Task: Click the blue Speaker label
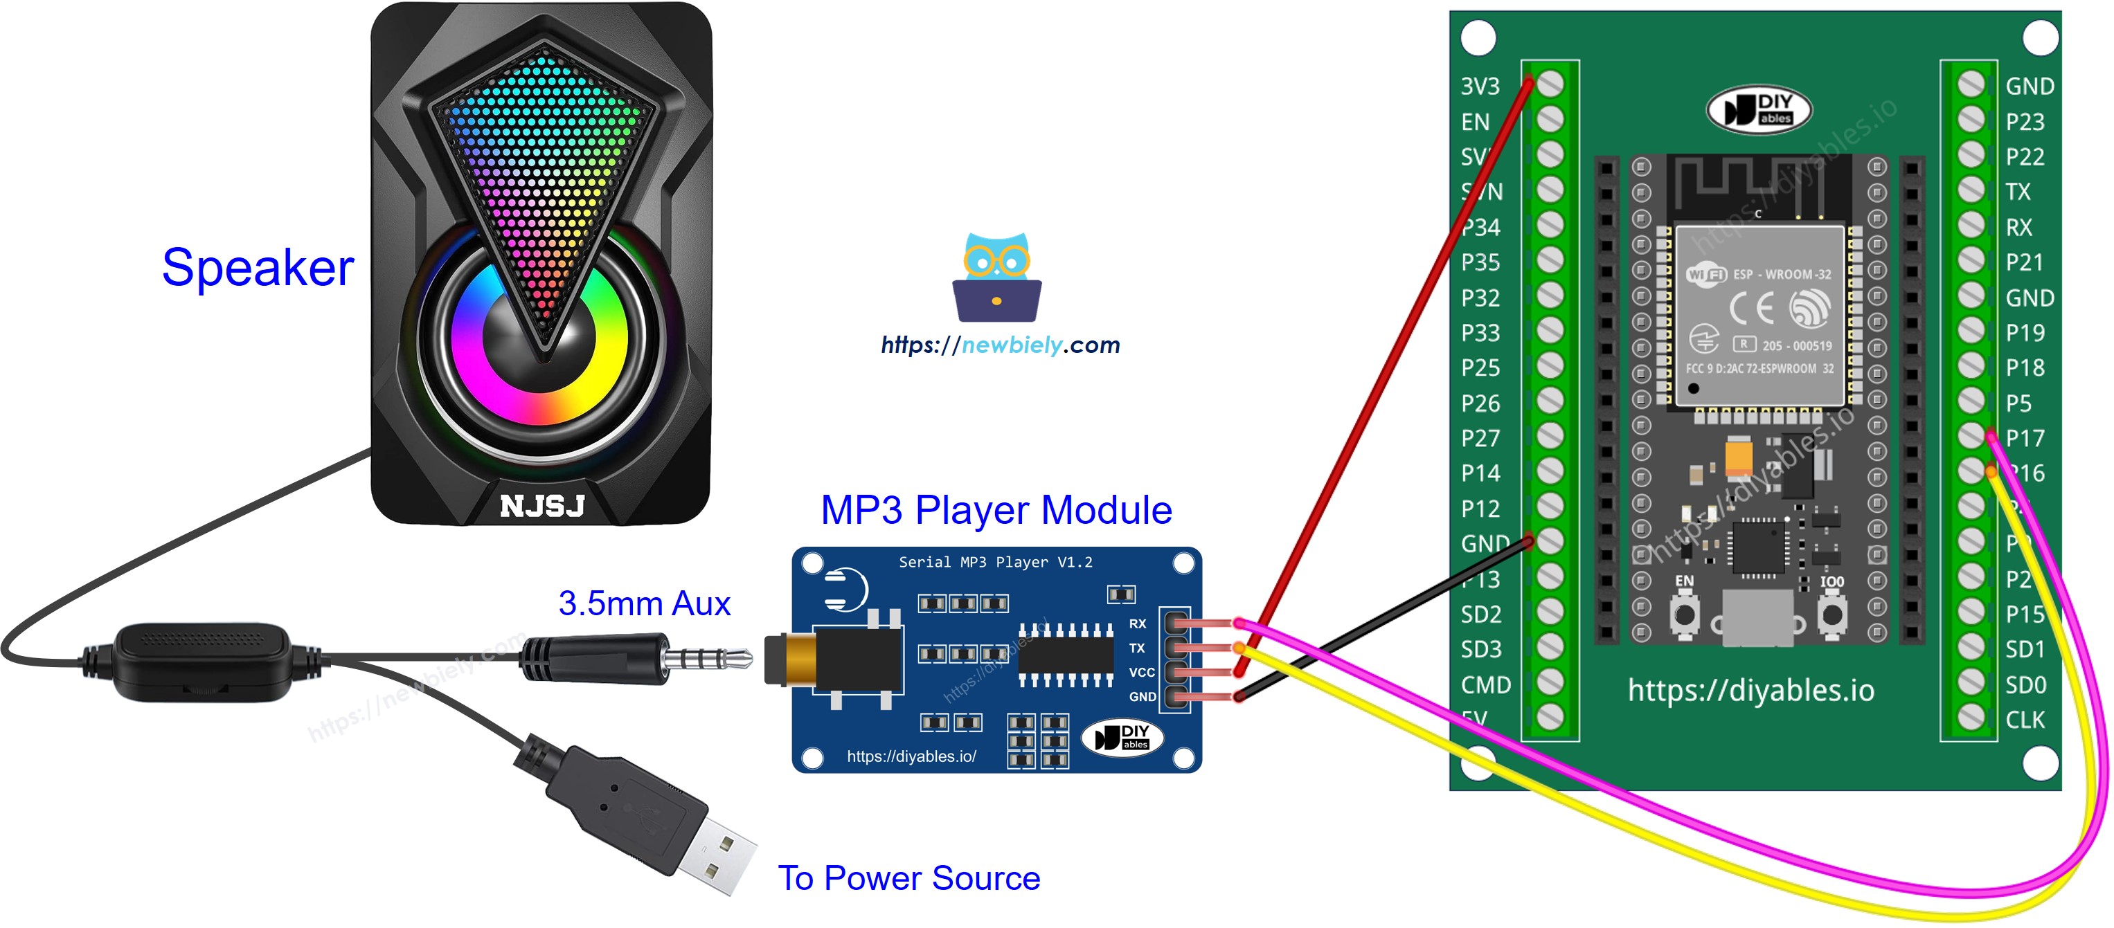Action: point(257,268)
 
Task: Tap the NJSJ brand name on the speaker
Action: point(541,505)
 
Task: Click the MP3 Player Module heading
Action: point(996,509)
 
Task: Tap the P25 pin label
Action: point(1480,367)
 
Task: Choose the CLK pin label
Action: point(2025,720)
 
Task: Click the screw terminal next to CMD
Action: point(1550,682)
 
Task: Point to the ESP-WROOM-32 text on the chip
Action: point(1781,274)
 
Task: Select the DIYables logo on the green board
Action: point(1759,109)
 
